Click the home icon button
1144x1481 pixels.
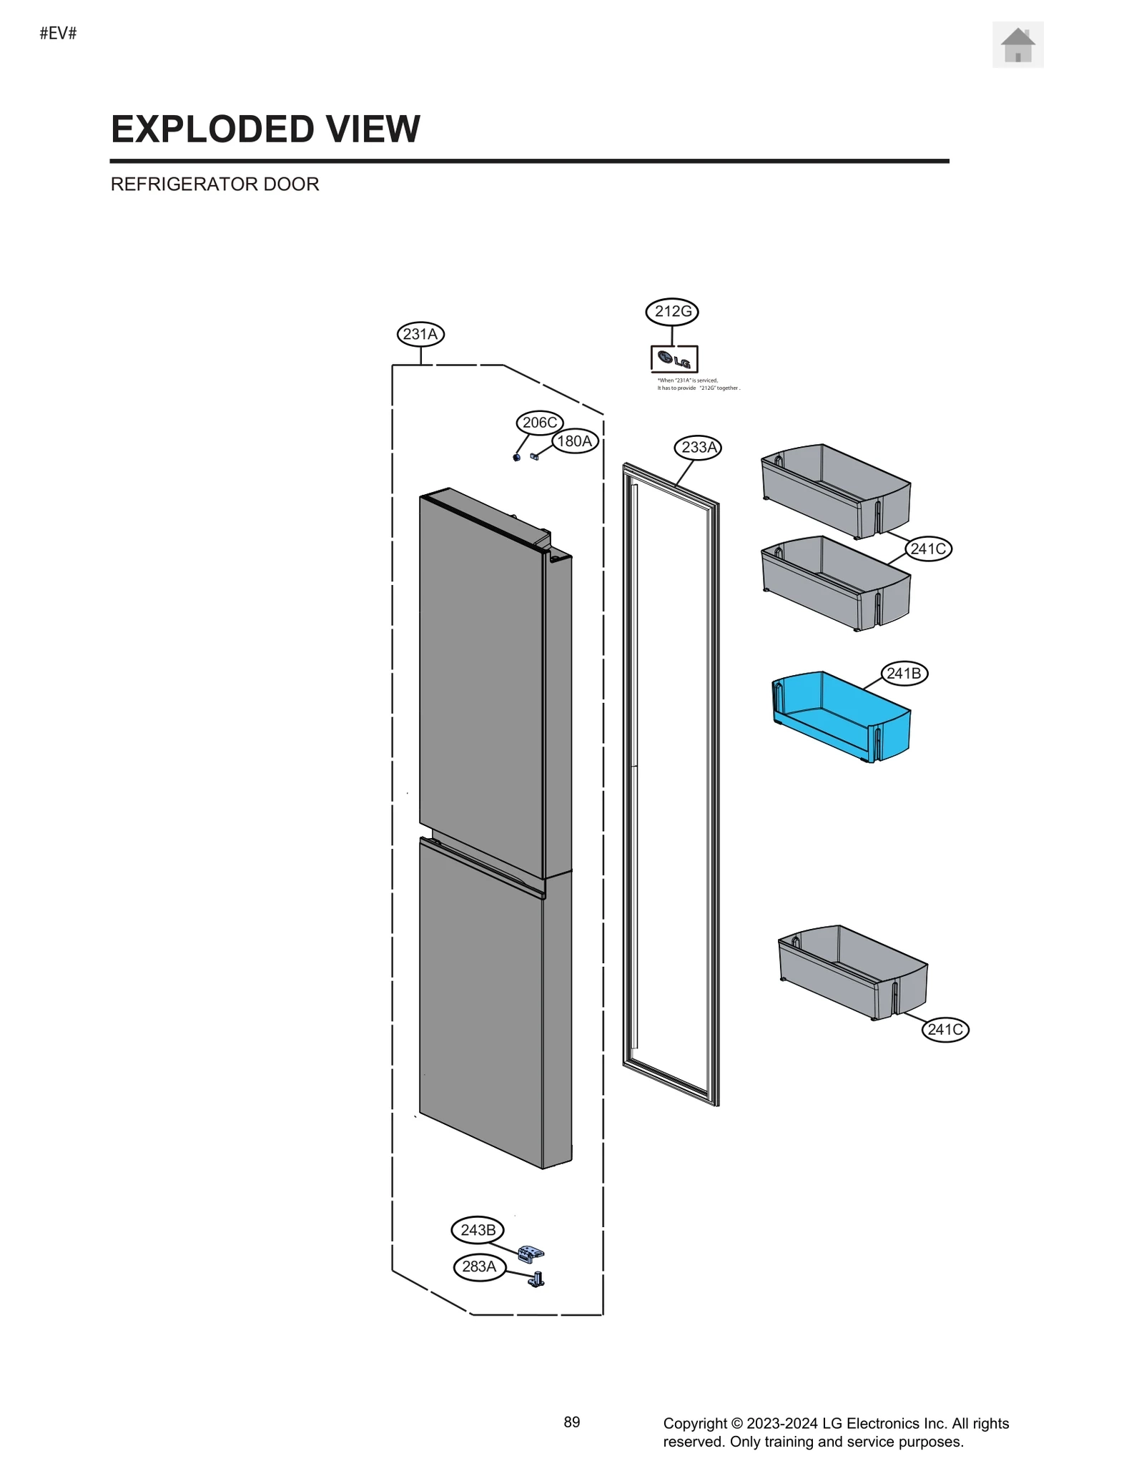pos(1017,45)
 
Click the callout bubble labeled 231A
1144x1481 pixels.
pos(420,334)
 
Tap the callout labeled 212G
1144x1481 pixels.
pos(672,312)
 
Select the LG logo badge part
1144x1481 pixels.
pos(674,359)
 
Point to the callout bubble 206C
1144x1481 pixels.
pos(539,423)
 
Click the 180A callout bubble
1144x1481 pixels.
pos(575,441)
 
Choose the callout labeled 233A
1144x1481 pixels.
pos(698,448)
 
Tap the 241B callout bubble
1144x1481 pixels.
pos(904,674)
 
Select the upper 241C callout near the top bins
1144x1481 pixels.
pos(928,549)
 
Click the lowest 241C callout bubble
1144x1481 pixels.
pos(945,1030)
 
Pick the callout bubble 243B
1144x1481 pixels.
pos(478,1230)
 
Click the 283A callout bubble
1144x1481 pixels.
pos(479,1266)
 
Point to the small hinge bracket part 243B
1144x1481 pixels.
pos(531,1253)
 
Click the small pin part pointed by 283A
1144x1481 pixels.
pos(537,1279)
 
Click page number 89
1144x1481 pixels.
pos(571,1422)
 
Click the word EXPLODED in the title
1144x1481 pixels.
pos(212,129)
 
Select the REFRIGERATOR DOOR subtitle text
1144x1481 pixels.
pos(214,184)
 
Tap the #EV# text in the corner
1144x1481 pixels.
pos(58,34)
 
